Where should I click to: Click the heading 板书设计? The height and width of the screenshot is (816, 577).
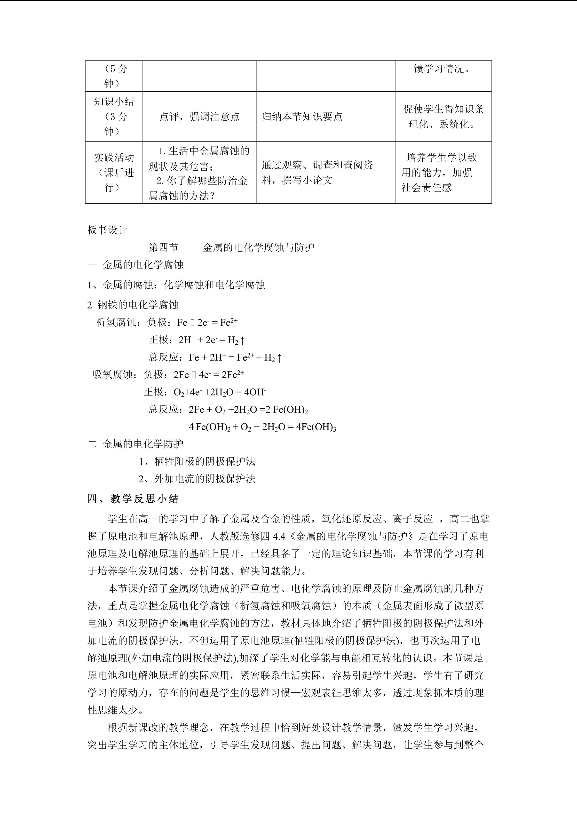tap(107, 230)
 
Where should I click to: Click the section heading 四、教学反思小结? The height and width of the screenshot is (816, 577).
tap(133, 499)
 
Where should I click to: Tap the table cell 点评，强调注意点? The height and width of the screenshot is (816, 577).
tap(199, 117)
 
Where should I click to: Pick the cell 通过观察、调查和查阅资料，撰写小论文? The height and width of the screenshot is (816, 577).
tap(317, 172)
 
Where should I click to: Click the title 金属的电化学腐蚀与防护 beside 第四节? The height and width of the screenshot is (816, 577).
tap(259, 247)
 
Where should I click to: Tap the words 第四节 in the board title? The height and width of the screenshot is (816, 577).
tap(163, 247)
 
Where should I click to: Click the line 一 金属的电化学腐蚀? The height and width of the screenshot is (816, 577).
tap(136, 265)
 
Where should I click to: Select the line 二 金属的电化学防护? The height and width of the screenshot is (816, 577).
tap(136, 444)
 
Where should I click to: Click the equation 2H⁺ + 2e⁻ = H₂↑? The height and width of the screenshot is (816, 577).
tap(212, 340)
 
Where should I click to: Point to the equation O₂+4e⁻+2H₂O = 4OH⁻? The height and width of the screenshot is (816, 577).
tap(220, 392)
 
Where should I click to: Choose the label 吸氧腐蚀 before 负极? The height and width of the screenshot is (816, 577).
tap(113, 375)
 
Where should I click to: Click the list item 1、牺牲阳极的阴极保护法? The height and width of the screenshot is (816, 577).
tap(197, 461)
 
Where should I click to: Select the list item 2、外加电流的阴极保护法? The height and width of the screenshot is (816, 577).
tap(197, 479)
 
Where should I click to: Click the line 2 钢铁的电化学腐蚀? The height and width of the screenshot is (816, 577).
tap(133, 305)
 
